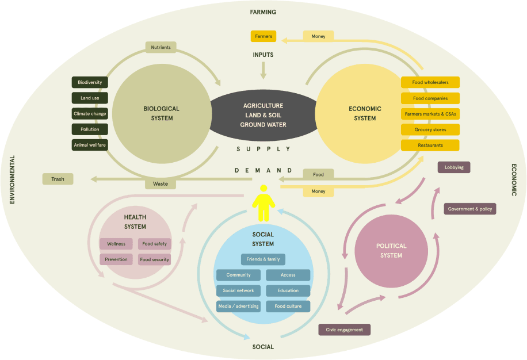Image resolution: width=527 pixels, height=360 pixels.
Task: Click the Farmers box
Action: (x=263, y=36)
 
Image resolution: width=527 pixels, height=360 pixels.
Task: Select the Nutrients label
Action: (x=161, y=47)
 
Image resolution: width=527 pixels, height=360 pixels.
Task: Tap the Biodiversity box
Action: (x=90, y=82)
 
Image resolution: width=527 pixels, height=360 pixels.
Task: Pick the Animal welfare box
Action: (x=90, y=145)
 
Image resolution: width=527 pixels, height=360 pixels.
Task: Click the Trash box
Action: (x=58, y=179)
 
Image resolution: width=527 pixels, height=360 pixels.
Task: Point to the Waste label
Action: (x=161, y=184)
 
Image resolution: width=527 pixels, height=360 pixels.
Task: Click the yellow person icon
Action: (x=263, y=203)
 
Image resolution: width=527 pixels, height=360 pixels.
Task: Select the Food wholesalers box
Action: (x=430, y=82)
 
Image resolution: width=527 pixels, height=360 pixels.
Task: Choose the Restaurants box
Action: (x=430, y=145)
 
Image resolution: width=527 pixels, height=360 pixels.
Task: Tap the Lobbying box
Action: (x=454, y=167)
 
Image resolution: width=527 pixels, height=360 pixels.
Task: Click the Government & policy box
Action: (x=469, y=209)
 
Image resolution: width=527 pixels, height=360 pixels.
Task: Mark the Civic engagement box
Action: (x=344, y=330)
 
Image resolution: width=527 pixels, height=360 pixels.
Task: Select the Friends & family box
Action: (x=263, y=259)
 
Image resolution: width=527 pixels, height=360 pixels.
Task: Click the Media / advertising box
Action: (x=238, y=306)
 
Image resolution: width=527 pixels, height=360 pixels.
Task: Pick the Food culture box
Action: (x=288, y=306)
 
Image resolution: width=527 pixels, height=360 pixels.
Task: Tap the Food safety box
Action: (x=154, y=244)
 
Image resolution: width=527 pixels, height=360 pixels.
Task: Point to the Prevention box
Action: (x=116, y=259)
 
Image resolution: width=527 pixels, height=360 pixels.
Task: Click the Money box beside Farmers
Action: (x=318, y=36)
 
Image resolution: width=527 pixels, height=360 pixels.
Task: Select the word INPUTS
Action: (x=263, y=55)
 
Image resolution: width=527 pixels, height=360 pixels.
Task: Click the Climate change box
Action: (x=90, y=114)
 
